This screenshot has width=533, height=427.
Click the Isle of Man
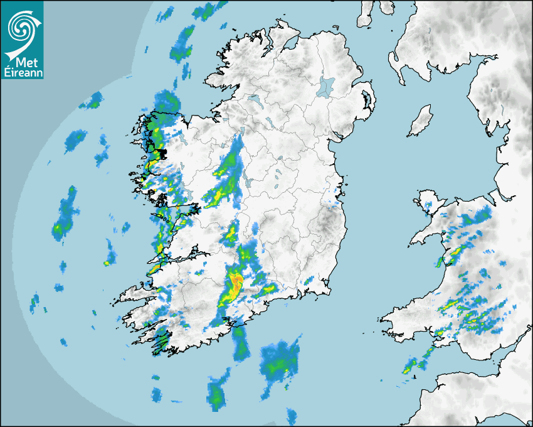pyautogui.click(x=421, y=121)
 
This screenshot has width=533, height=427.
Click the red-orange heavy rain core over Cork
pyautogui.click(x=236, y=284)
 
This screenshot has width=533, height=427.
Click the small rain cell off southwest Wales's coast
pyautogui.click(x=414, y=364)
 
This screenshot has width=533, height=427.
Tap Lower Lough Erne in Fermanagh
pyautogui.click(x=255, y=100)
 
